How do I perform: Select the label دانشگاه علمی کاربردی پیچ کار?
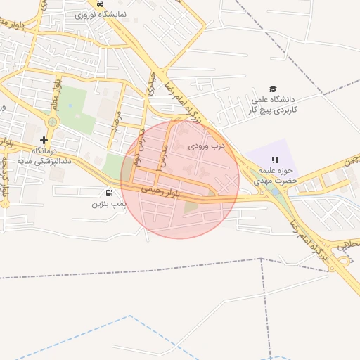[x=276, y=105]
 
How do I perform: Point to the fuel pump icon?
[x=108, y=193]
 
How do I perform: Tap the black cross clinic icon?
[x=44, y=140]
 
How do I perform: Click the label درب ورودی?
[x=206, y=147]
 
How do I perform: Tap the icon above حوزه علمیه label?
[x=275, y=160]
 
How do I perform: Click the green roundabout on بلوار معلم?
[x=51, y=122]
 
